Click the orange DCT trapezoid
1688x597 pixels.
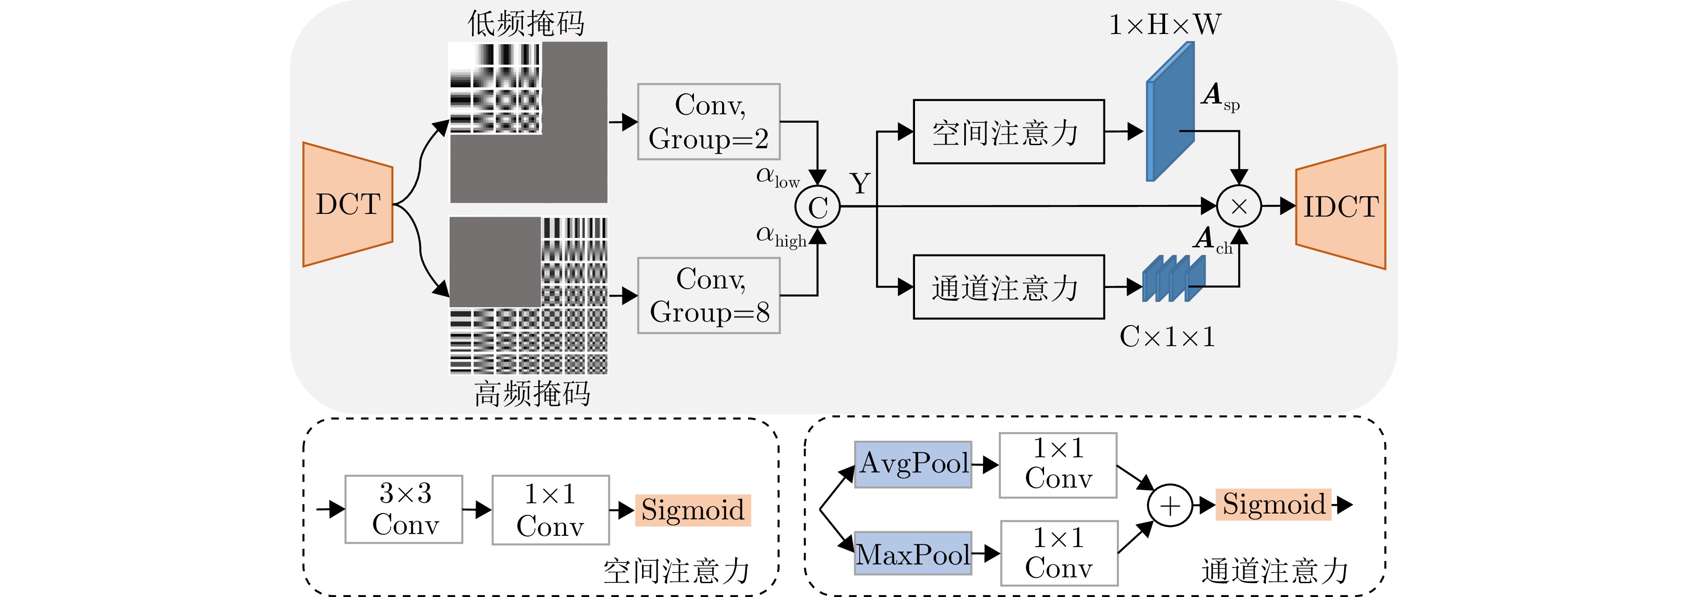click(348, 205)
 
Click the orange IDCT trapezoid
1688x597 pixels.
click(1340, 207)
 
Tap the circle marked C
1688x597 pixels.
click(817, 208)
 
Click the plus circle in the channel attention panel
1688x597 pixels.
click(1170, 506)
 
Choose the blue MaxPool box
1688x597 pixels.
click(913, 554)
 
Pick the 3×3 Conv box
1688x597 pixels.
click(404, 509)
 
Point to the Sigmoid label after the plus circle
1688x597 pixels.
click(1273, 505)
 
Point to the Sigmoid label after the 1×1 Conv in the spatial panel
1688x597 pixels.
click(693, 510)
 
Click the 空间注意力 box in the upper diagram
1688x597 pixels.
click(1008, 132)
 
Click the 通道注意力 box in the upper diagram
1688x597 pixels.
click(1008, 288)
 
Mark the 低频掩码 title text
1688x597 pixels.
click(526, 24)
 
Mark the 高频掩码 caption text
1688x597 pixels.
click(532, 394)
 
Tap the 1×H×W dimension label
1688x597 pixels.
click(1165, 25)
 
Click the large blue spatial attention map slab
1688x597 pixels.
click(1170, 111)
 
